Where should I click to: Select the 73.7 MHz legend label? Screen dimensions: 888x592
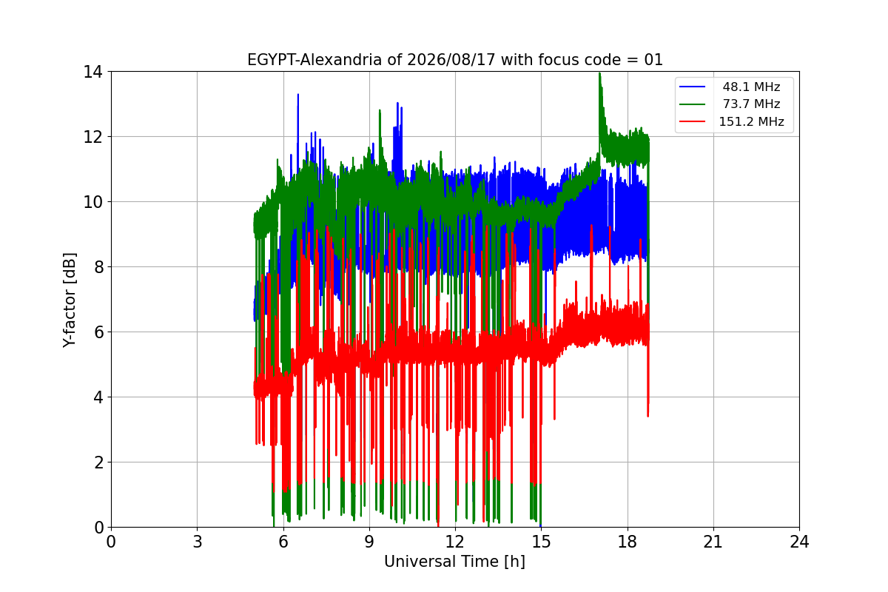point(751,104)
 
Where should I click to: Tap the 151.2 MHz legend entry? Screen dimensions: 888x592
point(751,121)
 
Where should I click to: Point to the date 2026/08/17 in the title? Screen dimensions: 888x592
point(451,60)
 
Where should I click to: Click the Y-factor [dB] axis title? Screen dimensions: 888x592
point(70,300)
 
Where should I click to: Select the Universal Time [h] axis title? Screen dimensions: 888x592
point(454,562)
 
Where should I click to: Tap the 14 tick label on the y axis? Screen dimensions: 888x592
point(92,73)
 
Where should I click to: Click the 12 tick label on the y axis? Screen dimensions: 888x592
point(92,137)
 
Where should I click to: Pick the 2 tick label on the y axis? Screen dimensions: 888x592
point(98,462)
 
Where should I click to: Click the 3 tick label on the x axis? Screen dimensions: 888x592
point(198,542)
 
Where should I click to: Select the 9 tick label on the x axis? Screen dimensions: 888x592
point(369,542)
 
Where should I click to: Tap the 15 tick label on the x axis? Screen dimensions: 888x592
point(542,542)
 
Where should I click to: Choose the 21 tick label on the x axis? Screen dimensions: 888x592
point(713,542)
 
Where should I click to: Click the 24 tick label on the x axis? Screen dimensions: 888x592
point(799,542)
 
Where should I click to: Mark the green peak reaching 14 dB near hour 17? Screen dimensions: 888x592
point(600,74)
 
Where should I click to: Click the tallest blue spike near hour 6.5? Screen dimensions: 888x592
point(298,95)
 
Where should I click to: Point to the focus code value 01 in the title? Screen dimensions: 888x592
point(653,60)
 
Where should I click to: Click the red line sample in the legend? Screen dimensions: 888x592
point(692,121)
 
